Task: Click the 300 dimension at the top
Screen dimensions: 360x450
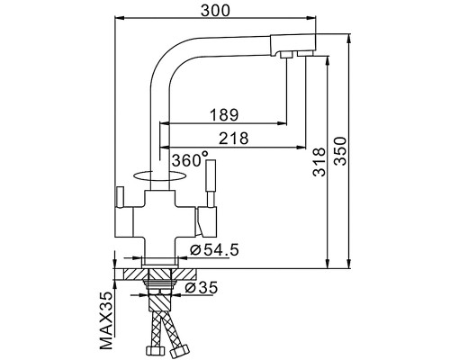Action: [x=216, y=12]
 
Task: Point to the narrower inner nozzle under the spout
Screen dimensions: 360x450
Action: [x=286, y=56]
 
